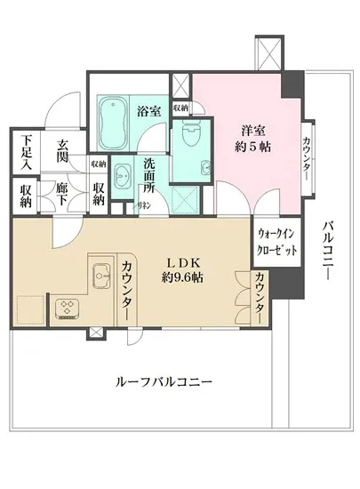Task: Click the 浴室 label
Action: (148, 111)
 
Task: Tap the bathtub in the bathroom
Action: (112, 124)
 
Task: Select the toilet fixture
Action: (188, 134)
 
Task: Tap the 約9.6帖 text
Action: (183, 277)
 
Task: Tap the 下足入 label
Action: (28, 153)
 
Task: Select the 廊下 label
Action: (63, 194)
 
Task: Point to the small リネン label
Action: (143, 205)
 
